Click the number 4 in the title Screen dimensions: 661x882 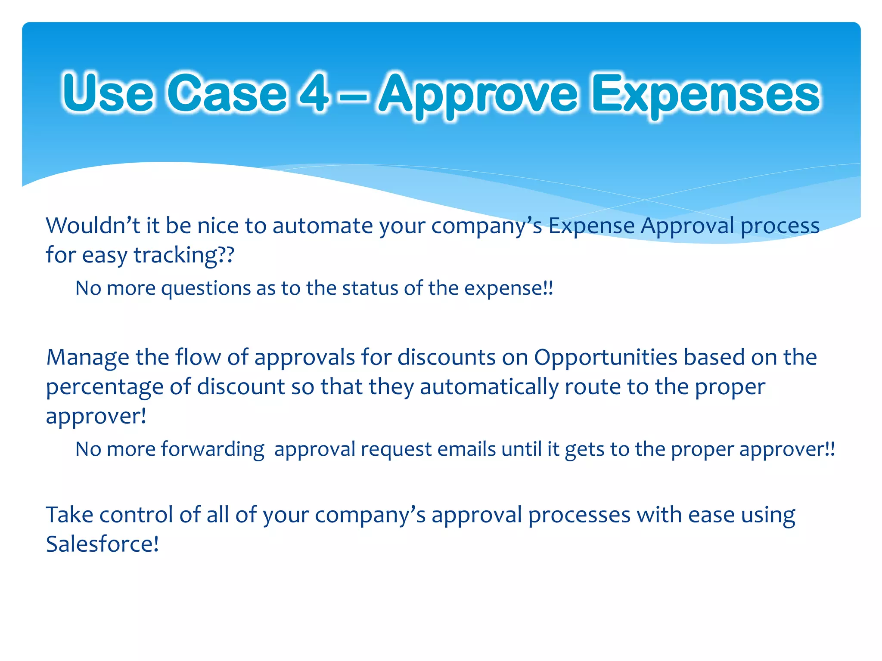pos(314,93)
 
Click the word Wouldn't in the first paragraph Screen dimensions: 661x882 pos(93,225)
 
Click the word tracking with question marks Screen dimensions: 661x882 pos(184,255)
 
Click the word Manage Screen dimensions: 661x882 pos(87,358)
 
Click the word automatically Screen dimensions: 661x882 pos(489,387)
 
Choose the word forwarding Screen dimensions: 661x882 pos(212,450)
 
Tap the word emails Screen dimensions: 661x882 pos(466,449)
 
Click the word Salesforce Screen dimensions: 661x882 pos(102,544)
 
